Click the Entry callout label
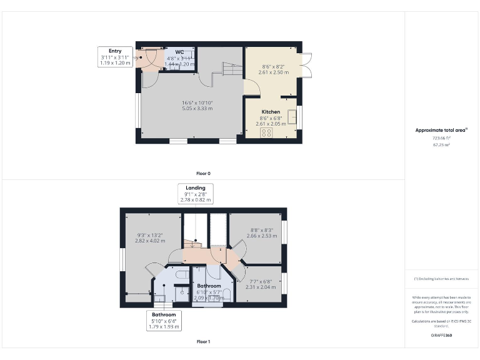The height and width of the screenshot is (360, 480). point(115,57)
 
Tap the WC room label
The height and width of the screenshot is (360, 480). point(179,52)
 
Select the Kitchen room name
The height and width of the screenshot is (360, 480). point(271,112)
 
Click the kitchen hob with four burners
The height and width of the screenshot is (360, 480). point(267,132)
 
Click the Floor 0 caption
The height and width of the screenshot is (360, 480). point(204,172)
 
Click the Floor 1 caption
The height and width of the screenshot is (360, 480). point(204,342)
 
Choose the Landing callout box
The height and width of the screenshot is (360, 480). point(196,194)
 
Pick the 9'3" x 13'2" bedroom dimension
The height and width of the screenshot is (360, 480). point(150,237)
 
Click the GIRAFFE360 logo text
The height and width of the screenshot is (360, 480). point(441,336)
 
